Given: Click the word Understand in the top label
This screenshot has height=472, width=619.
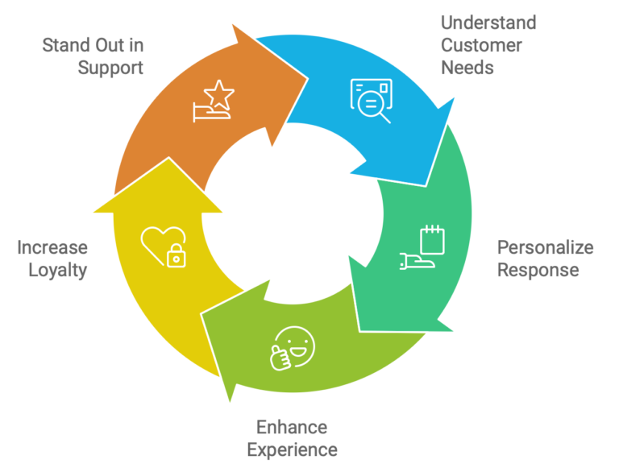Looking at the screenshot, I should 488,22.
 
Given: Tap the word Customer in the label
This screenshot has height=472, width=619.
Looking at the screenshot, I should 481,44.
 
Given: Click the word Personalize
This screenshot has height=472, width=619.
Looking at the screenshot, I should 545,246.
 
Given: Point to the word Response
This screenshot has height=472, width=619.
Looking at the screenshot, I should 537,269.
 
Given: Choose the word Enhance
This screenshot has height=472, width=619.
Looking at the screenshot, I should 292,426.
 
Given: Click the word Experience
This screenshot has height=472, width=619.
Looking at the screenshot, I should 292,449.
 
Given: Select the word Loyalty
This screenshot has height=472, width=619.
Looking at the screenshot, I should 57,270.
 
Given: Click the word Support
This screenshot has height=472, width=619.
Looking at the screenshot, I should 110,67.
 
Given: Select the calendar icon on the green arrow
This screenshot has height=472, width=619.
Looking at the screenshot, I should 433,239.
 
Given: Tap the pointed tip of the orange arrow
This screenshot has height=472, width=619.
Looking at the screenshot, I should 308,78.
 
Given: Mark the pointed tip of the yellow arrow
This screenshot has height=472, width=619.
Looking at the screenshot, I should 170,158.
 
